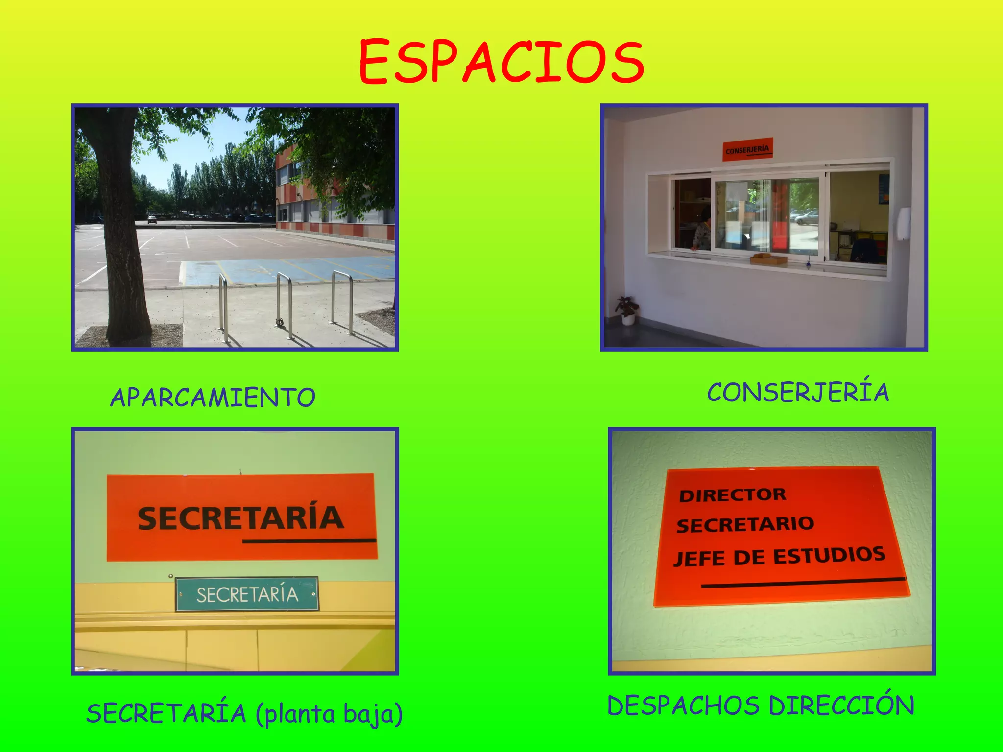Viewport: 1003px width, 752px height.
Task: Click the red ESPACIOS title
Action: point(501,62)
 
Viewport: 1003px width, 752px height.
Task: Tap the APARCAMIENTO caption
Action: point(213,397)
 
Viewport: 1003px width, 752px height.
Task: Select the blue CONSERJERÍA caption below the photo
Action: point(798,393)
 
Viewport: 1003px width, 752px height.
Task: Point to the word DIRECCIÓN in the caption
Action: point(841,706)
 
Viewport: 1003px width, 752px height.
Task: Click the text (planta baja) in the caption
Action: point(329,714)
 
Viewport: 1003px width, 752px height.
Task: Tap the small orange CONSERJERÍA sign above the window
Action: point(748,149)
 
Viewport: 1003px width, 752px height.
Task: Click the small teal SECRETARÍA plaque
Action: point(247,594)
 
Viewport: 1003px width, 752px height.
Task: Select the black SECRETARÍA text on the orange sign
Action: point(240,518)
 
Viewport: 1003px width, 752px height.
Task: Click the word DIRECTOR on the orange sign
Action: point(732,495)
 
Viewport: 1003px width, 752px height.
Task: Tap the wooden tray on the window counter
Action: point(768,259)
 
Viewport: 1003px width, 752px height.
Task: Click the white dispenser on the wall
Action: point(904,223)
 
